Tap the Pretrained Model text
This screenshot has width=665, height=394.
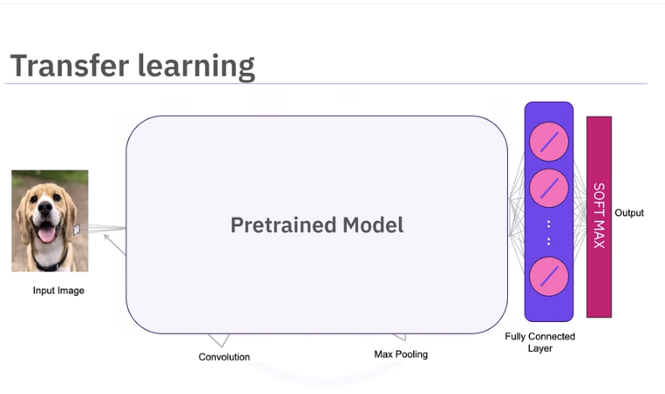pos(317,226)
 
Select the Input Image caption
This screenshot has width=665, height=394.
pos(59,290)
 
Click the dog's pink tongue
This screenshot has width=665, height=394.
pos(45,234)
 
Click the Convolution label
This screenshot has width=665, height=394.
pos(224,357)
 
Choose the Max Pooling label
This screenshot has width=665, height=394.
pos(401,355)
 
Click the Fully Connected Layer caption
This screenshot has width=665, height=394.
pos(540,342)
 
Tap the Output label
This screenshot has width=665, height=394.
pos(629,213)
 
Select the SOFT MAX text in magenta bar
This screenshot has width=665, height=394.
pos(598,216)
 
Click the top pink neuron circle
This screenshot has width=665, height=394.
pos(549,142)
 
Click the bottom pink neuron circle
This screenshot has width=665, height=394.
pos(549,276)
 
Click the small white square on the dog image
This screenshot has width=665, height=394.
pos(76,229)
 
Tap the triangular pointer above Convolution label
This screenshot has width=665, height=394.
pos(219,340)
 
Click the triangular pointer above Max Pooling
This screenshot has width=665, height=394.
pos(399,337)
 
